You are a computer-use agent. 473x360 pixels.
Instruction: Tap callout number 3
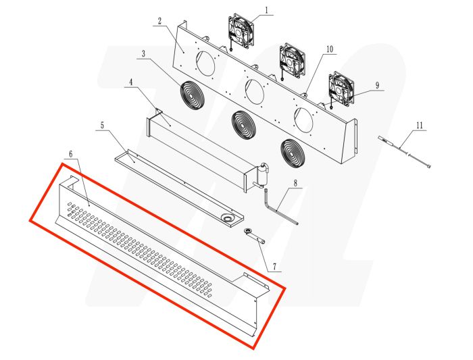coord(144,53)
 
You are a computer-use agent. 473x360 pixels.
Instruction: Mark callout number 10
coord(330,49)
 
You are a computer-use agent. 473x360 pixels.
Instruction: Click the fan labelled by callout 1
coord(241,32)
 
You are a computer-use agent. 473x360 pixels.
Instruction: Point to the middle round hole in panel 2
coord(255,91)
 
